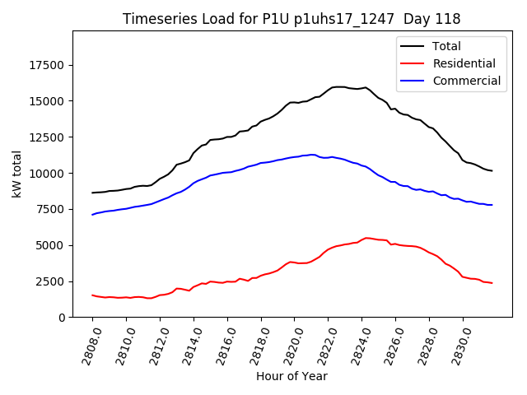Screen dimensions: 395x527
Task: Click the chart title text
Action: [291, 19]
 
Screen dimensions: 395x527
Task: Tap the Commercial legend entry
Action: [466, 81]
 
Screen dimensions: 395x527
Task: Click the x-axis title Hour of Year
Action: [291, 376]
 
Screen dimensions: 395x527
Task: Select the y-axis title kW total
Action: [17, 174]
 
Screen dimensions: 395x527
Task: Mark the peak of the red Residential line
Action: [366, 238]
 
